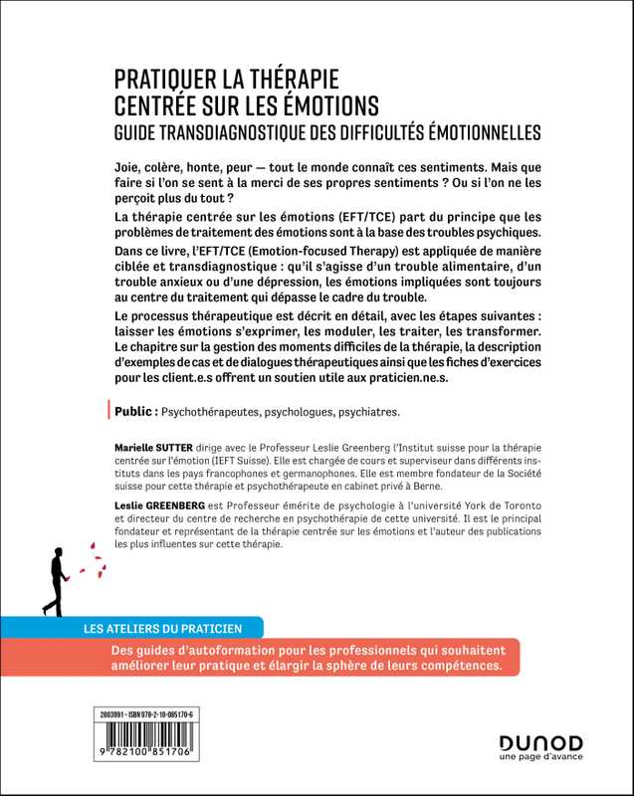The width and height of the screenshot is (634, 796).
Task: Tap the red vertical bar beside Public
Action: click(x=106, y=409)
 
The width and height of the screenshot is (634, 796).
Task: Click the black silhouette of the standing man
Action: click(x=53, y=577)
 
